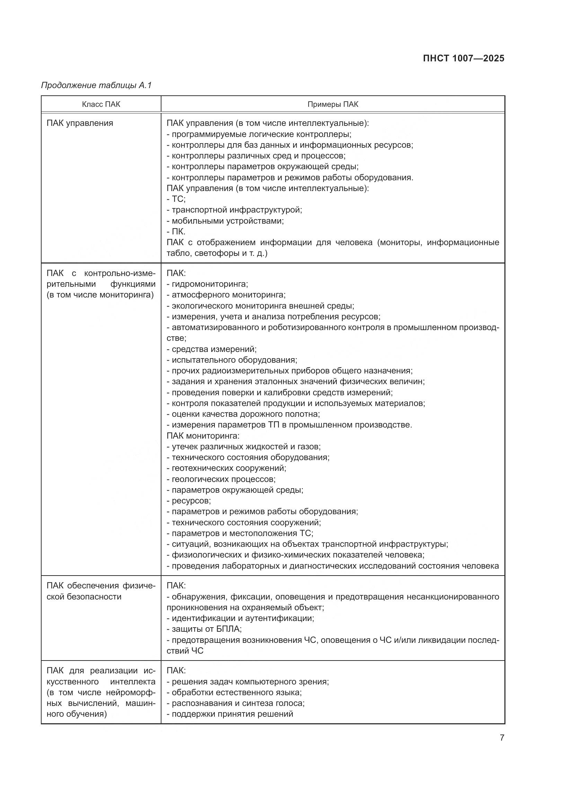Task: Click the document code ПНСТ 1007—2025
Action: pos(463,59)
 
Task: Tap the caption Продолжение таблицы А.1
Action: pos(96,85)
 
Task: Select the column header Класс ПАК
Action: pos(101,104)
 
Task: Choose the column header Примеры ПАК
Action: pos(332,104)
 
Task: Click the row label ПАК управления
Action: pos(80,123)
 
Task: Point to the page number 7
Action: pos(502,737)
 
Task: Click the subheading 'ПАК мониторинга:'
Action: pos(203,435)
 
